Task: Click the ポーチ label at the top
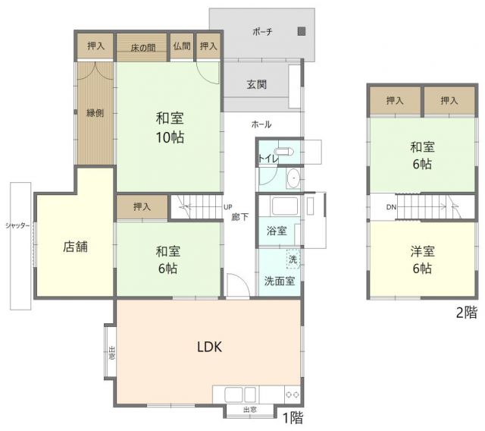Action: tap(262, 31)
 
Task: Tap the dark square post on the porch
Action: tap(302, 31)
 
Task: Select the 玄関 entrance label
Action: tap(257, 84)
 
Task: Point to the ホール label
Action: tap(261, 124)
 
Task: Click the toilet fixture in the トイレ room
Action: tap(284, 152)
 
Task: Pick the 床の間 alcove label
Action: tap(142, 48)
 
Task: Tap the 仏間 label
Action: tap(182, 46)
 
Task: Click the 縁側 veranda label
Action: tap(95, 113)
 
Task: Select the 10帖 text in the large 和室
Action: tap(170, 137)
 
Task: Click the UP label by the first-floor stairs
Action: tap(227, 207)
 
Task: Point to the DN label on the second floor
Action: tap(391, 207)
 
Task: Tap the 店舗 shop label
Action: tap(76, 247)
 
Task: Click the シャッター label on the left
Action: tap(17, 225)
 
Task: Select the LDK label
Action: tap(209, 347)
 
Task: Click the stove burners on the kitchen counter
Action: tap(293, 395)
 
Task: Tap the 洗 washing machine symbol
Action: tap(293, 259)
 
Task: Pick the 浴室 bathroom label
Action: tap(277, 231)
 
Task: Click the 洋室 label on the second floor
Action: tap(423, 251)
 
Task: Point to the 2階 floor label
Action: tap(467, 313)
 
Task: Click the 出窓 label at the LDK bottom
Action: tap(249, 410)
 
